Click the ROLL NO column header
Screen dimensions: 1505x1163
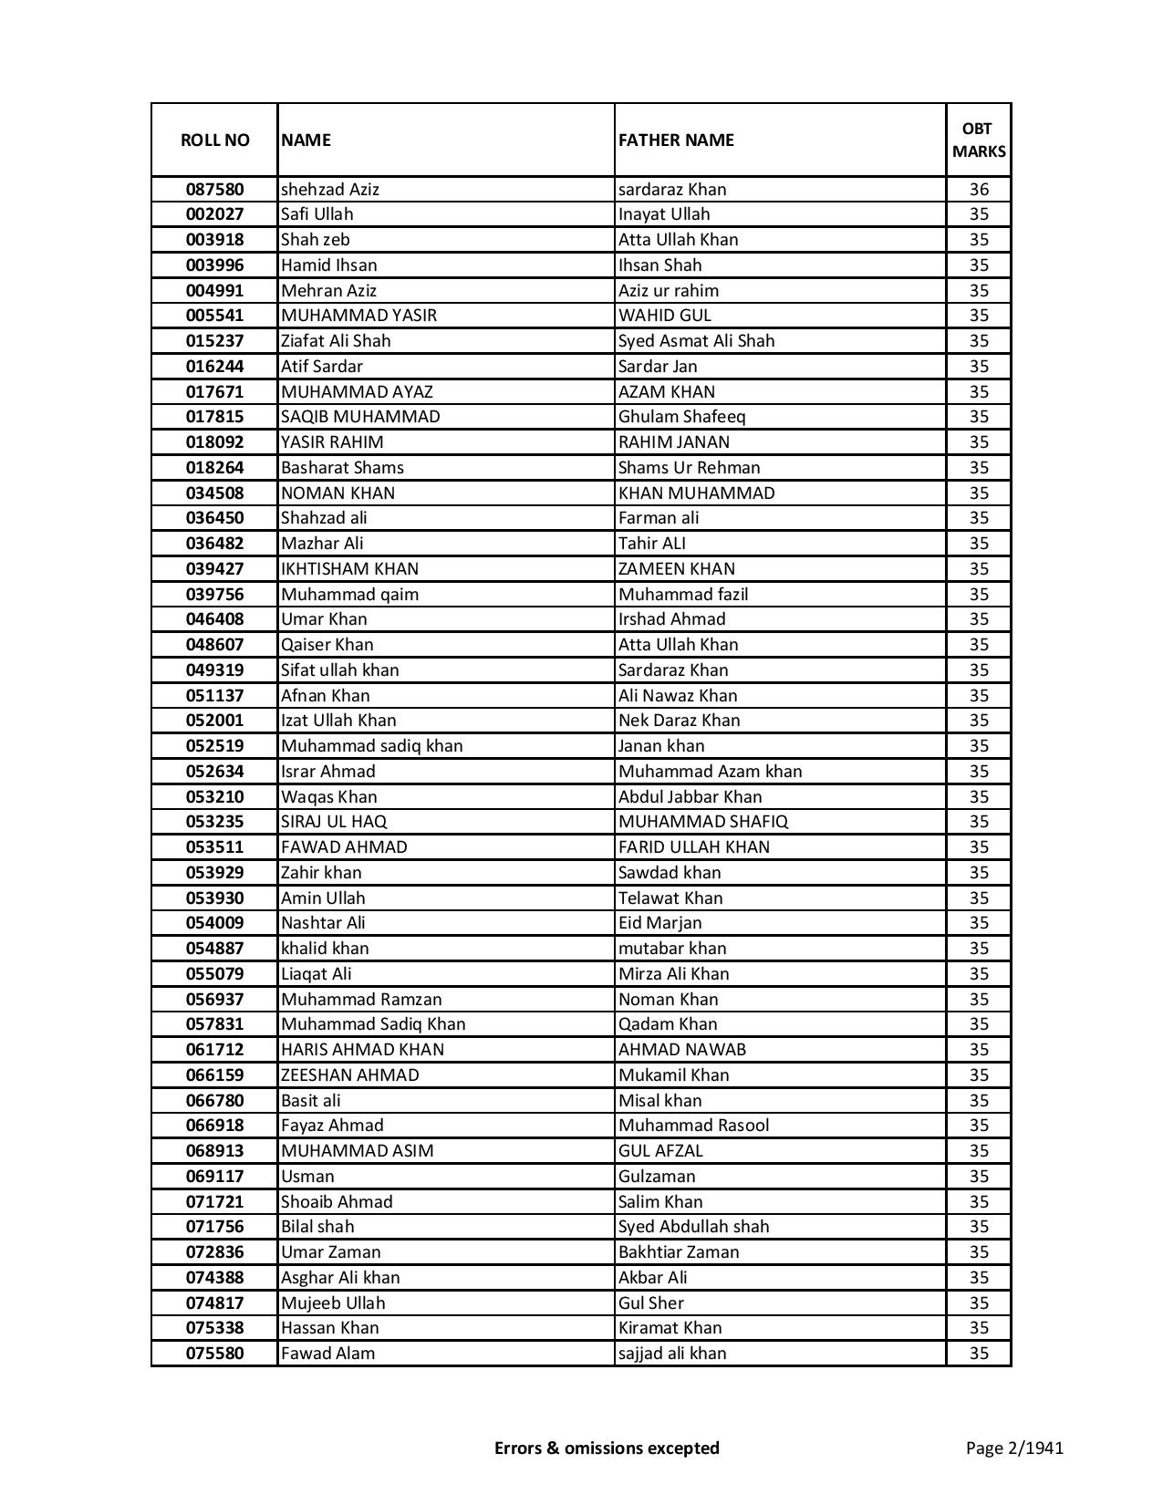(214, 140)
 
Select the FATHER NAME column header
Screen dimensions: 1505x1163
(676, 140)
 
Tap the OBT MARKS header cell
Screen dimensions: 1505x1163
(979, 140)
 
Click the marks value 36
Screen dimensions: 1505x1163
(979, 190)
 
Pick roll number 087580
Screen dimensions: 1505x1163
(214, 190)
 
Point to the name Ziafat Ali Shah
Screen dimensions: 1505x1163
(336, 341)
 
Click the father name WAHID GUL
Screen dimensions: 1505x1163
(665, 316)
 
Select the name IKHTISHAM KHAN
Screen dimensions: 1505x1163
(350, 569)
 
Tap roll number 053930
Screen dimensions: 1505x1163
(214, 898)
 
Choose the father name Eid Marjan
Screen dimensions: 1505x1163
(660, 923)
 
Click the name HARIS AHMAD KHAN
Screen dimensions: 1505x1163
(363, 1050)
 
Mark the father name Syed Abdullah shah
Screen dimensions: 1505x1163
(694, 1227)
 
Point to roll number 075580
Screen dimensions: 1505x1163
(214, 1354)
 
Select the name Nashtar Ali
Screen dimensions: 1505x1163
(323, 923)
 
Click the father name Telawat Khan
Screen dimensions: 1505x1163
(670, 898)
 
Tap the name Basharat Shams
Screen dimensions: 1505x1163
(342, 468)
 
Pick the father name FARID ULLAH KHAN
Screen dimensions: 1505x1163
(694, 847)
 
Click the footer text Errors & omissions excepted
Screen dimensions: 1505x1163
(607, 1448)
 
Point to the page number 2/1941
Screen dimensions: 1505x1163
(1015, 1448)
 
